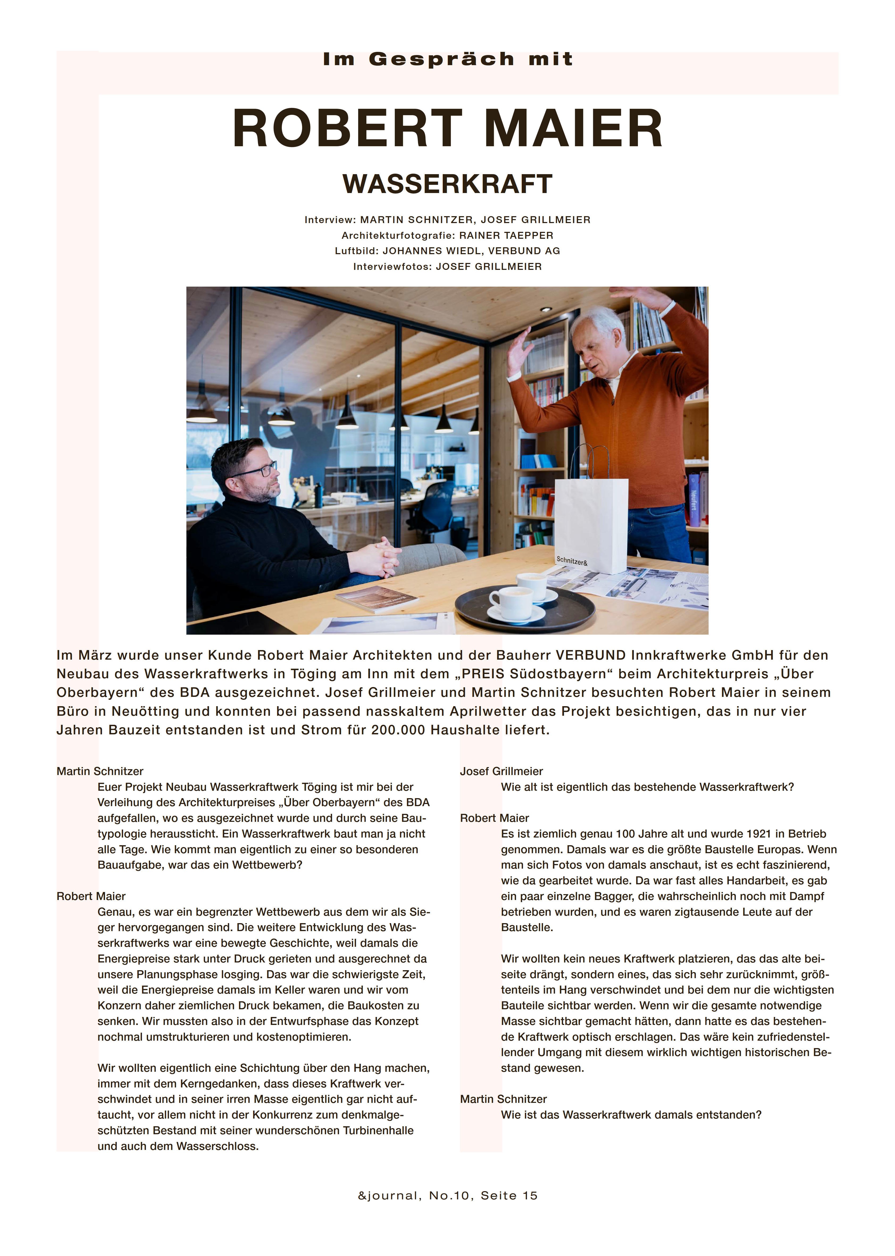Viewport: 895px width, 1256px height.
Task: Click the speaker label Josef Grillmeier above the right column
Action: pos(501,771)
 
